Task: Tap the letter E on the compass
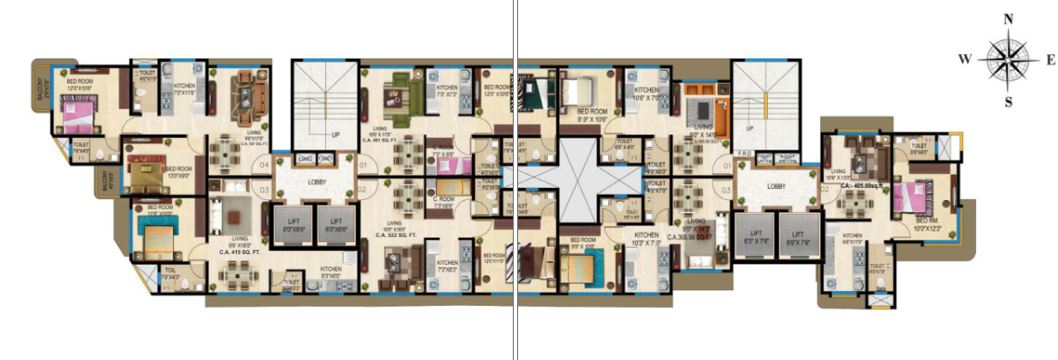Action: pyautogui.click(x=1050, y=60)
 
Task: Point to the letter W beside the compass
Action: pyautogui.click(x=965, y=59)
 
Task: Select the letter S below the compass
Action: pyautogui.click(x=1008, y=101)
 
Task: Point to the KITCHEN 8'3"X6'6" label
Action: pyautogui.click(x=330, y=271)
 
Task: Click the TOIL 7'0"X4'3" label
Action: pyautogui.click(x=169, y=273)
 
